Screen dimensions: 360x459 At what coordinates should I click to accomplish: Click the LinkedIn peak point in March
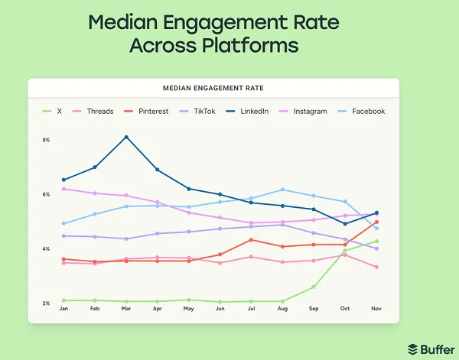(126, 137)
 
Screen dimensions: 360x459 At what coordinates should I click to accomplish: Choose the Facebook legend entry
(363, 111)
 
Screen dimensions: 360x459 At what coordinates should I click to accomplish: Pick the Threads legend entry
(94, 111)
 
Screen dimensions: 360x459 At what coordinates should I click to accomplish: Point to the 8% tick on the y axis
(45, 140)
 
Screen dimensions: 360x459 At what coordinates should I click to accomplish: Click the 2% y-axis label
(45, 303)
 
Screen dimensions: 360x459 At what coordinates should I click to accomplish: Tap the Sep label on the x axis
(314, 310)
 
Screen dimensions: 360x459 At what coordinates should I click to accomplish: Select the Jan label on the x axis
(63, 310)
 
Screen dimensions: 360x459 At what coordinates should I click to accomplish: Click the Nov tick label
(376, 310)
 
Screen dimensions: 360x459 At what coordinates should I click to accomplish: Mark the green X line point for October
(345, 251)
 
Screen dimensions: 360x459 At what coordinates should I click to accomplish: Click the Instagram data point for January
(63, 189)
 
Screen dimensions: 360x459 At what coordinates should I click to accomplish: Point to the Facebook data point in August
(282, 190)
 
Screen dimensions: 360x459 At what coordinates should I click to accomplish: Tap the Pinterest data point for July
(251, 240)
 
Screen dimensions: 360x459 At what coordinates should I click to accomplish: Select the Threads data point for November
(376, 267)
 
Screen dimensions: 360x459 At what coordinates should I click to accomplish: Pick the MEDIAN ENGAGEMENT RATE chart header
(213, 88)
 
